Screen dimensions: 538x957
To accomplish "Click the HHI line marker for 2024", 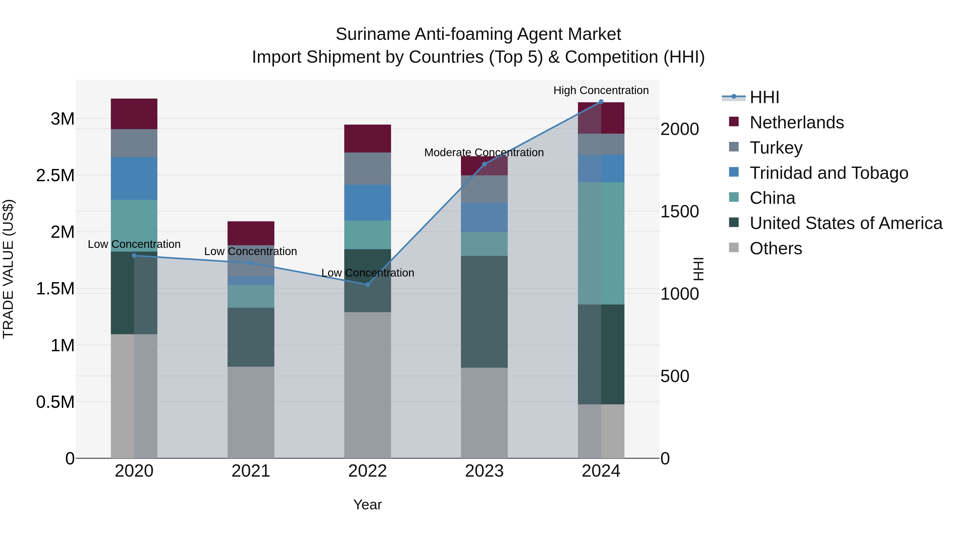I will coord(601,102).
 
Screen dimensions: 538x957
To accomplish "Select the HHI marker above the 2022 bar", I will coord(367,285).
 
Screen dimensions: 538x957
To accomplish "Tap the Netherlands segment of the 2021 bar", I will coord(251,233).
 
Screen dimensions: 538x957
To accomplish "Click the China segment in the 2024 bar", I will coord(601,243).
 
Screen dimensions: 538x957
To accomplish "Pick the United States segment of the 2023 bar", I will coord(484,312).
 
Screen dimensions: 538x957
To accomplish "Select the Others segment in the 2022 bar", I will coord(367,385).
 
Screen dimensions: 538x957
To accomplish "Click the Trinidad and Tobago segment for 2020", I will coord(134,178).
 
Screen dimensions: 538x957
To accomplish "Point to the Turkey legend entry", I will coord(776,147).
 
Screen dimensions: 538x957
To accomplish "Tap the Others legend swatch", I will coord(734,248).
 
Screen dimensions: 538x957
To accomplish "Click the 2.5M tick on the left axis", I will coord(55,176).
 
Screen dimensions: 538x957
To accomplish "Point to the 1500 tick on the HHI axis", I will coord(679,212).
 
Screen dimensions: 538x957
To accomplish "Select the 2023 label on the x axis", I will coord(484,471).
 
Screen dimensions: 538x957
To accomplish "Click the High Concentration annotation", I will coord(601,90).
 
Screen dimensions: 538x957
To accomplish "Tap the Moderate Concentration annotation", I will coord(484,152).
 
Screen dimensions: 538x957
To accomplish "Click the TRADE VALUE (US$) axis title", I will coord(8,269).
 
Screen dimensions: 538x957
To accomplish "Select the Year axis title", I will coord(367,505).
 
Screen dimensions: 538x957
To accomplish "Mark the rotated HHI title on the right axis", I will coord(698,269).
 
